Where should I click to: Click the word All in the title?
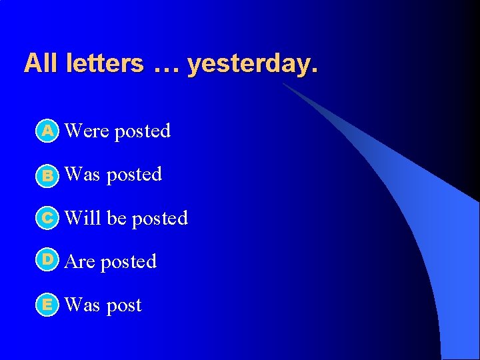42,63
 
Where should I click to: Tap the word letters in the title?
105,63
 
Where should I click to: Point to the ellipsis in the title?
166,65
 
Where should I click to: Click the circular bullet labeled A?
47,131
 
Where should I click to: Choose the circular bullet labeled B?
47,175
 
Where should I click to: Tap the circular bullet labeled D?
47,259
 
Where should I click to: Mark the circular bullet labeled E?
47,305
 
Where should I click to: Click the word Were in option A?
87,131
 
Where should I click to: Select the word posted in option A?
142,132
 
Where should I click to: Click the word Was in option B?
82,175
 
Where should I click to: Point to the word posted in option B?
134,175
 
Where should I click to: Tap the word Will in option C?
83,218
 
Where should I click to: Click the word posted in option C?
160,219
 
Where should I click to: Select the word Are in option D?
80,262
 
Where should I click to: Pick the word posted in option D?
128,263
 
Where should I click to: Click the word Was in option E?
82,305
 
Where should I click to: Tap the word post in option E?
124,306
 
